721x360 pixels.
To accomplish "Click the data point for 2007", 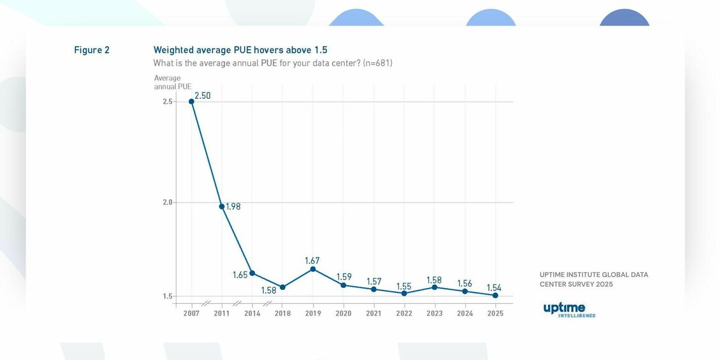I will [191, 101].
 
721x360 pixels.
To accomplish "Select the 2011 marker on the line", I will [222, 206].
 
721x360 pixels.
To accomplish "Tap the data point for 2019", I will [313, 269].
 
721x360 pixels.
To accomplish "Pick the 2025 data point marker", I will [495, 295].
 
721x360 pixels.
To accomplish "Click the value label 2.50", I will [203, 96].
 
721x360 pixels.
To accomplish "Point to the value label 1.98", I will [233, 206].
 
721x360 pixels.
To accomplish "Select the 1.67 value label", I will [312, 261].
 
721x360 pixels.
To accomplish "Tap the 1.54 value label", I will [494, 288].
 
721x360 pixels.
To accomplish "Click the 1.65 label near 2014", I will [240, 275].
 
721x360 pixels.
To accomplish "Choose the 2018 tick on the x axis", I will [282, 313].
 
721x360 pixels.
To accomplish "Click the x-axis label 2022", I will [404, 313].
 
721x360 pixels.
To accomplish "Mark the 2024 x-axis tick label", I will [465, 313].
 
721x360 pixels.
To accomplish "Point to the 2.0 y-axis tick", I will [167, 203].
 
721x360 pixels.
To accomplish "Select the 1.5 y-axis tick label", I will [167, 296].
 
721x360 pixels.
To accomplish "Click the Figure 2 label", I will [92, 50].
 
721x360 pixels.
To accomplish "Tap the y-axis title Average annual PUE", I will [172, 82].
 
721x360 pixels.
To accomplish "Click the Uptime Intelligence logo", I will [569, 310].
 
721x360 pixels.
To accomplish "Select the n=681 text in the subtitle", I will [377, 63].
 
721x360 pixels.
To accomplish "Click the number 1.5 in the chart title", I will [321, 50].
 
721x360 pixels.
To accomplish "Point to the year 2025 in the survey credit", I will [604, 284].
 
